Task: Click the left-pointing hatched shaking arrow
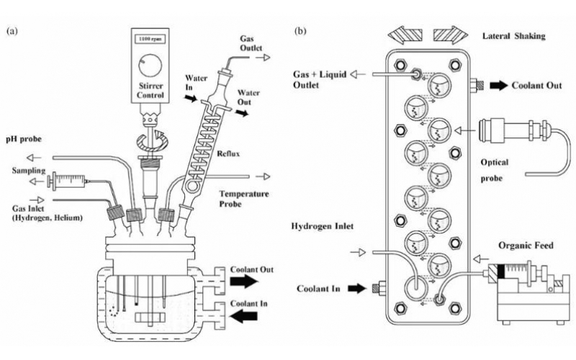tap(404, 33)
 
